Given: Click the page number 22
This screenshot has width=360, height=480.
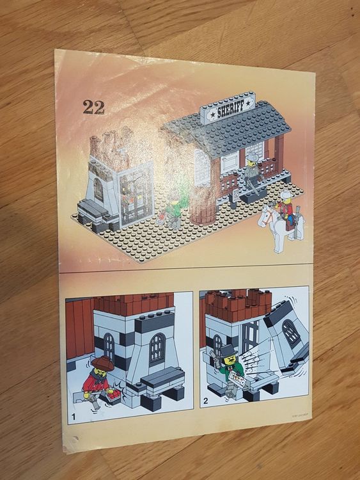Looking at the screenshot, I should point(93,107).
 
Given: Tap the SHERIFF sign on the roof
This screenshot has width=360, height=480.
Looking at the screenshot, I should point(228,111).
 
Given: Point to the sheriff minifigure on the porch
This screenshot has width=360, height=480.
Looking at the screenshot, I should point(251,172).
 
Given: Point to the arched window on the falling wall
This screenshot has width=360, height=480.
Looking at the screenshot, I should point(291,333).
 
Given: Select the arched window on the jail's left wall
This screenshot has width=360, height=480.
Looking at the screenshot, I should point(97,190).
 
